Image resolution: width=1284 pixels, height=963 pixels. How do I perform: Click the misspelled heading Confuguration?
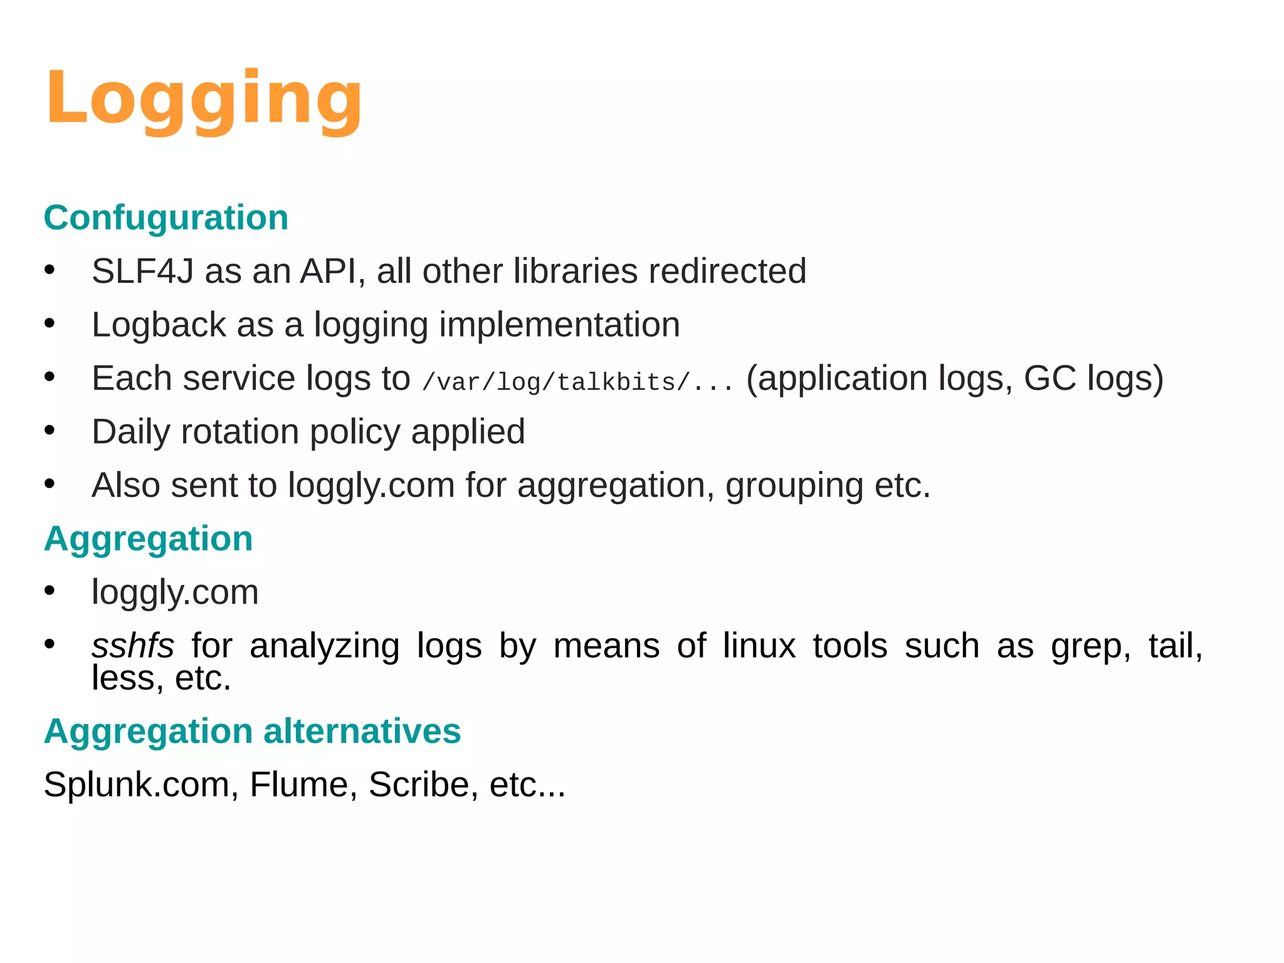(x=166, y=218)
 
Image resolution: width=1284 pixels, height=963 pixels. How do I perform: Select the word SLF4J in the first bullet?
(x=142, y=271)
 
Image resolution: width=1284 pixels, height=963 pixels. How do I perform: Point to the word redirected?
(x=727, y=271)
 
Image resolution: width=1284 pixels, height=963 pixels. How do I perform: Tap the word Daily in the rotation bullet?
(x=130, y=432)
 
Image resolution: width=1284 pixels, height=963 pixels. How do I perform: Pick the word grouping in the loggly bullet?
(x=794, y=486)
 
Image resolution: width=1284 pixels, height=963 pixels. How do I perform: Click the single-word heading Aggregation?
(x=149, y=539)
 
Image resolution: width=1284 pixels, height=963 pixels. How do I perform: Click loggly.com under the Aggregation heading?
(x=175, y=592)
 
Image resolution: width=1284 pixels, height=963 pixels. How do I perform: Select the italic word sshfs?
(x=132, y=646)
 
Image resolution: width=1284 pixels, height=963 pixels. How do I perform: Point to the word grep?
(x=1090, y=647)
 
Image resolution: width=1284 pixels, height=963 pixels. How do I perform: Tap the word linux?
(x=759, y=646)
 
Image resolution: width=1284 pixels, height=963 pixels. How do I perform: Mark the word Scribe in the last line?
(x=419, y=785)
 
